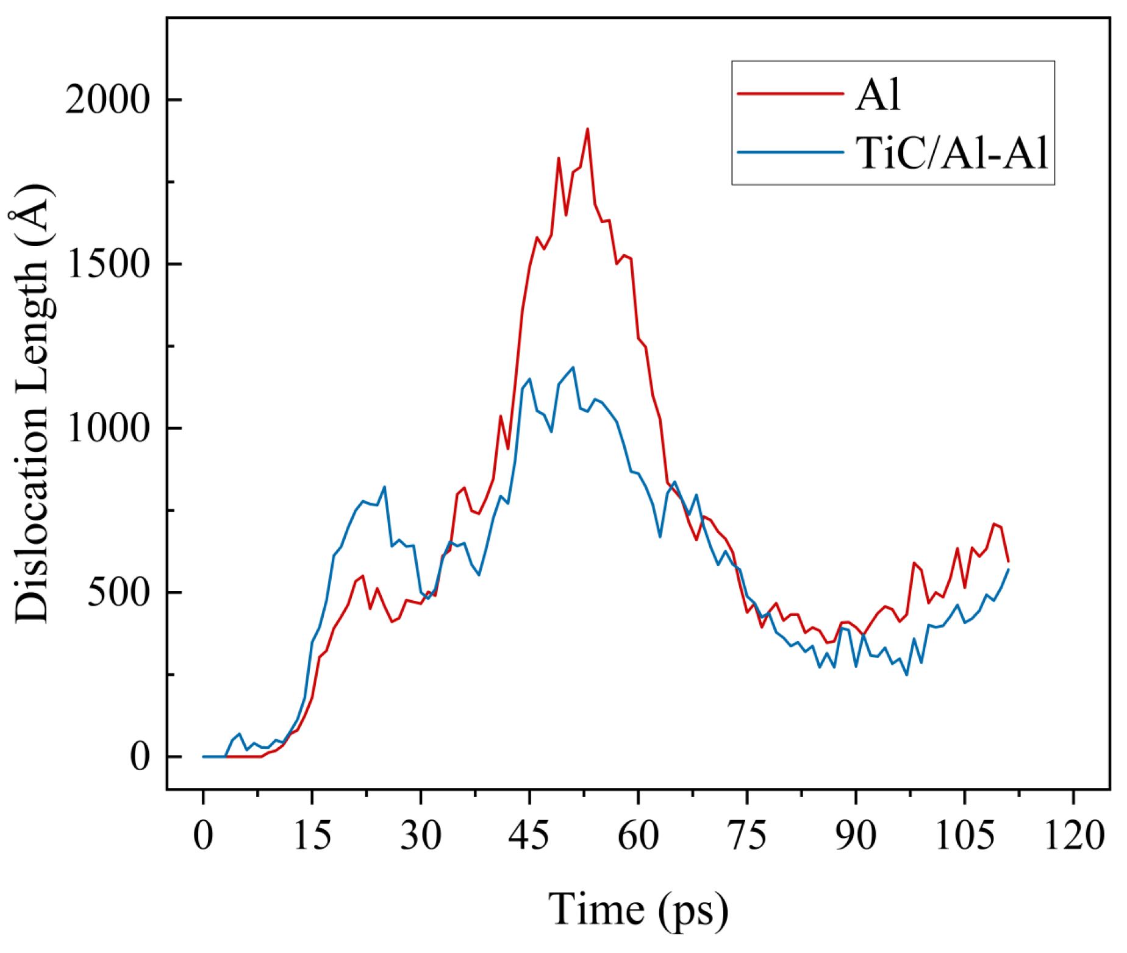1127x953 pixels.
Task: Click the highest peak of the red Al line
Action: point(587,129)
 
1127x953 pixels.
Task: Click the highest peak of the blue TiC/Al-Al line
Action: point(573,367)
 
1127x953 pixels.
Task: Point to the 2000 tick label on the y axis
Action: point(107,99)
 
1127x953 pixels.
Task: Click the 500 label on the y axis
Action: point(118,592)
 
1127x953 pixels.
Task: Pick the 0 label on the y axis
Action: point(140,757)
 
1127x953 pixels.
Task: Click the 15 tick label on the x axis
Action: point(312,836)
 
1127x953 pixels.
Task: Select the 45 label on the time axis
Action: point(529,836)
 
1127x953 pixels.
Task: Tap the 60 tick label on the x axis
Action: point(638,836)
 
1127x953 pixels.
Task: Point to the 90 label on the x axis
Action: point(856,836)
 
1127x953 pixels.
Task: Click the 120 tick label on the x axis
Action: point(1074,836)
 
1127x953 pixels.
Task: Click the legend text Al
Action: point(878,94)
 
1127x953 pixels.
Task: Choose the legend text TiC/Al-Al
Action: point(952,152)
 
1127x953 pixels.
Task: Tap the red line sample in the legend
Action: point(790,94)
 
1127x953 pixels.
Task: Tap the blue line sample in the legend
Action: point(790,152)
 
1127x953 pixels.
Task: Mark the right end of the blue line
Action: point(1009,569)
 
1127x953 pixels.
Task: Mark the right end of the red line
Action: point(1009,561)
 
